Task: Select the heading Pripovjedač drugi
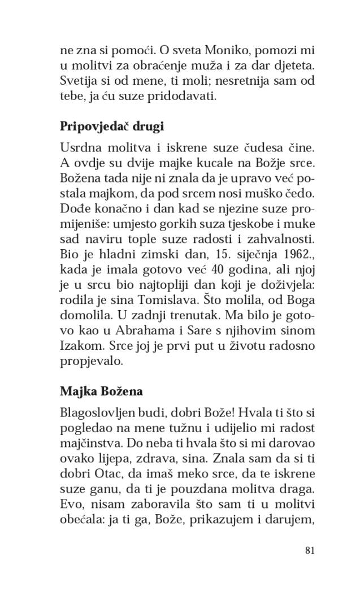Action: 111,127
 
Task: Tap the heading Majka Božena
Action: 101,391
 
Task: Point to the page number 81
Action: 309,550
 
